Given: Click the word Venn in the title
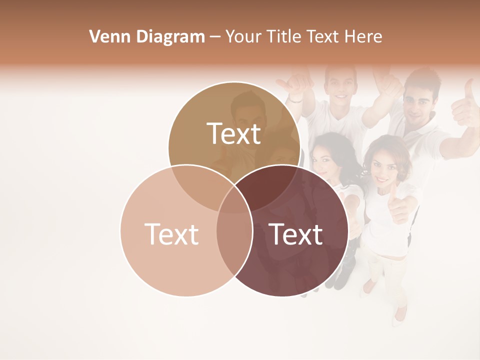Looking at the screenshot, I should point(106,36).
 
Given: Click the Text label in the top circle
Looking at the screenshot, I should point(234,133).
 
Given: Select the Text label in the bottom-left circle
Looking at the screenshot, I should point(171,233).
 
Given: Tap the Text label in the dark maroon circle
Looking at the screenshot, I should point(296,233).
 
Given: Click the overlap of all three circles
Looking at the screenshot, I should point(234,197).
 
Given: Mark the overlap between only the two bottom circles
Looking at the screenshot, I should point(234,240).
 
